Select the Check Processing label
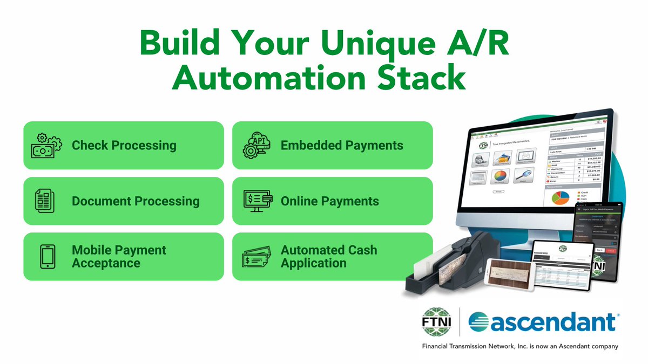click(x=124, y=146)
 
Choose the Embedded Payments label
click(x=342, y=146)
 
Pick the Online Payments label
click(x=329, y=201)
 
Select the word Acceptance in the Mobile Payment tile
click(x=106, y=264)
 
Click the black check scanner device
click(x=437, y=264)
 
